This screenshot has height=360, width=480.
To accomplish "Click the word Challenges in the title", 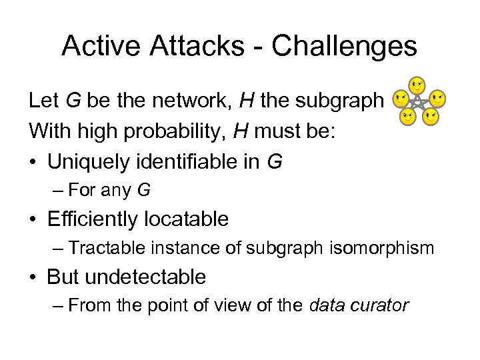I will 344,46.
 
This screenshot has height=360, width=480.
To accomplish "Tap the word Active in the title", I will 101,46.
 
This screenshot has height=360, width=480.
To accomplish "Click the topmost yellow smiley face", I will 417,85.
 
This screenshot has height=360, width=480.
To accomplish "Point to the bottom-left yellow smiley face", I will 407,118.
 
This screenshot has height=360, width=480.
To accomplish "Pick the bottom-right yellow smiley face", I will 431,118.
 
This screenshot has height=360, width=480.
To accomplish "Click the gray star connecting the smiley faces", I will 419,103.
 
